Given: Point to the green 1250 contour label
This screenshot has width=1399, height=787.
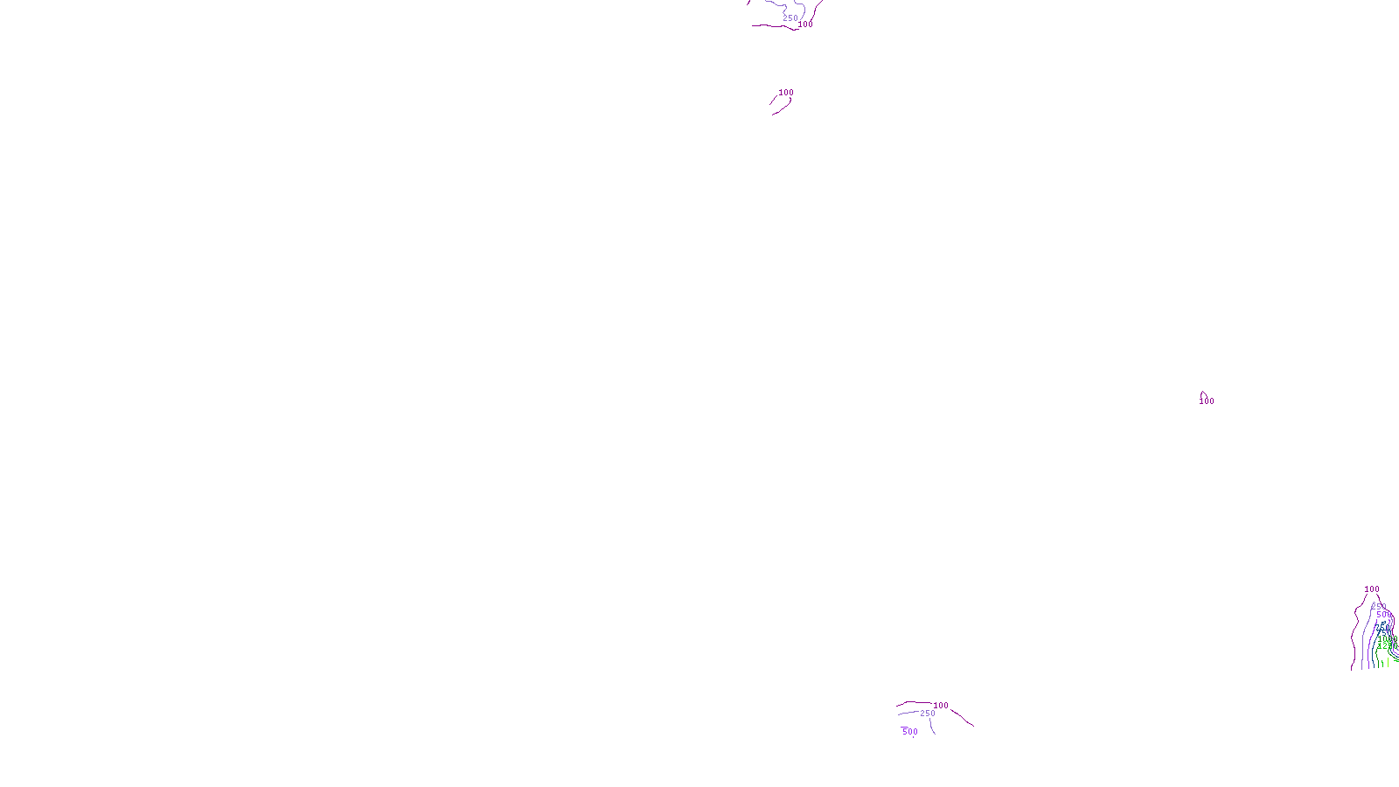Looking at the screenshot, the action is pyautogui.click(x=1387, y=646).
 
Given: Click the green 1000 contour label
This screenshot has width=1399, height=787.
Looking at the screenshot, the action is pyautogui.click(x=1387, y=638).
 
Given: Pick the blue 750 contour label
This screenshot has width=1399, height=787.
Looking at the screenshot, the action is pyautogui.click(x=1382, y=628).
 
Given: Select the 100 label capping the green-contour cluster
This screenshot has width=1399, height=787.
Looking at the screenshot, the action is pyautogui.click(x=1372, y=589).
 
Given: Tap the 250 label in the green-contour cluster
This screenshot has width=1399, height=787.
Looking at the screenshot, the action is pyautogui.click(x=1379, y=606).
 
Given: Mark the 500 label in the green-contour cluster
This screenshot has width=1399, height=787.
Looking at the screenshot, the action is pyautogui.click(x=1383, y=615).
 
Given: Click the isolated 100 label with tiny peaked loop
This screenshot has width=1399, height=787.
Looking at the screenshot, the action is pyautogui.click(x=1207, y=401).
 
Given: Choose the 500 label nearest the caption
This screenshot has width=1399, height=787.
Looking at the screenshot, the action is pyautogui.click(x=910, y=732).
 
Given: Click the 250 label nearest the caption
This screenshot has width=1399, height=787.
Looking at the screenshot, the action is pyautogui.click(x=928, y=714).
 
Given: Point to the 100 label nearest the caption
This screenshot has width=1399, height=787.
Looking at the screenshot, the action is pyautogui.click(x=941, y=706).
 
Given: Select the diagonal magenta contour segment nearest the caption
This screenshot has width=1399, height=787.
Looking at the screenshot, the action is pyautogui.click(x=962, y=718).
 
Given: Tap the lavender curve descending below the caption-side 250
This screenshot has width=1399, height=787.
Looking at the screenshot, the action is pyautogui.click(x=932, y=727).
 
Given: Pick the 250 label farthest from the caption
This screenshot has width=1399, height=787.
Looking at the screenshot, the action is pyautogui.click(x=790, y=18).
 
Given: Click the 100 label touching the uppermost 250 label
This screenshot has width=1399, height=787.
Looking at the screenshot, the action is pyautogui.click(x=805, y=24).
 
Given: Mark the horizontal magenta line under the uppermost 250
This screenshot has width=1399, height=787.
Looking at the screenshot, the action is pyautogui.click(x=769, y=26).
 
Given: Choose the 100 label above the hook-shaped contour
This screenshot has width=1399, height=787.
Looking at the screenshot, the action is pyautogui.click(x=786, y=93).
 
